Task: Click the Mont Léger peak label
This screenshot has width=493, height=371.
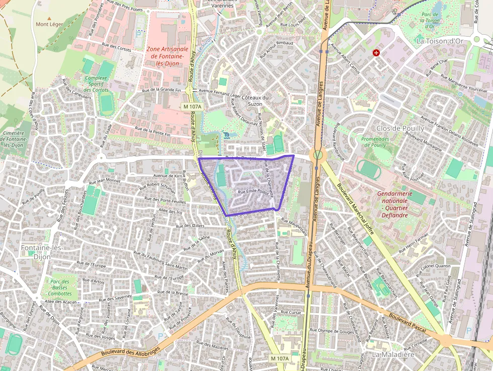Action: coord(49,24)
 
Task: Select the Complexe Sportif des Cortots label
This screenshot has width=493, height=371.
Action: coord(96,84)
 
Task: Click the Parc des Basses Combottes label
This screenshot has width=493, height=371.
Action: coord(60,287)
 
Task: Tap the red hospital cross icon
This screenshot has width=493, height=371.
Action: coord(376,52)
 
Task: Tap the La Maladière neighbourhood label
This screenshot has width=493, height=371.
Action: coord(392,354)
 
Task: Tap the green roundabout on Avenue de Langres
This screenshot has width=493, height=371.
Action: coord(317,154)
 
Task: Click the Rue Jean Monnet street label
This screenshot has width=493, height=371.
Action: coord(105,181)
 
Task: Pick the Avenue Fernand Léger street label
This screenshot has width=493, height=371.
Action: coord(220,91)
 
